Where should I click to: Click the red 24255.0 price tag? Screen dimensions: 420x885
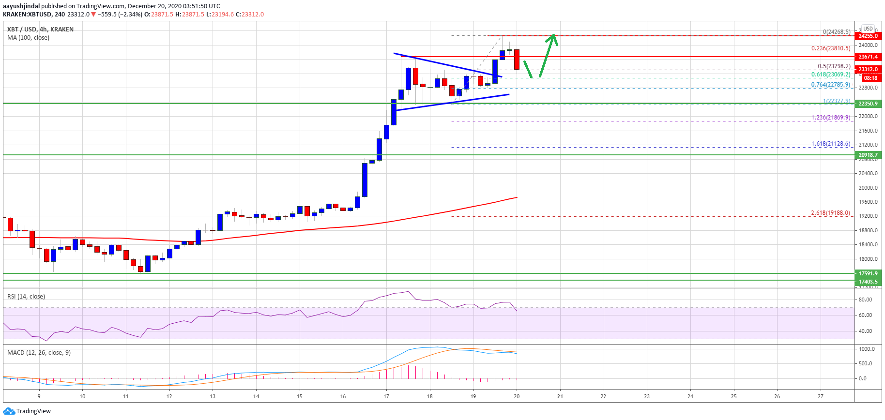tap(868, 36)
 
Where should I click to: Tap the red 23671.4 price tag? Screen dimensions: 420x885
tap(868, 57)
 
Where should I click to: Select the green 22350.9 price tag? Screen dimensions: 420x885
tap(868, 104)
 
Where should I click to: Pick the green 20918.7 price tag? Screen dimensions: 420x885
tap(868, 155)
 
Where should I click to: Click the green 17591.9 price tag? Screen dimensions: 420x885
tap(868, 273)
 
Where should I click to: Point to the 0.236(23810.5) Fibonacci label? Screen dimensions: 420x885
tap(831, 48)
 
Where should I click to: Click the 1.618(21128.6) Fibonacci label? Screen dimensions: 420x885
tap(831, 144)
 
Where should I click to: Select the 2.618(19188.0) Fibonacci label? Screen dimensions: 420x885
tap(831, 213)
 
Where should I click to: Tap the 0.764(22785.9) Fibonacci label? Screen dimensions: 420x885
tap(831, 85)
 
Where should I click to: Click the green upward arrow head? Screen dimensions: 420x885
tap(553, 38)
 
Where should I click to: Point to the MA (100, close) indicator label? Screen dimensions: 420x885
tap(28, 38)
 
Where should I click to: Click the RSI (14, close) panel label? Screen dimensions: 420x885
tap(26, 297)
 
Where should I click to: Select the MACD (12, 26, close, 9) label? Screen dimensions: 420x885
tap(39, 353)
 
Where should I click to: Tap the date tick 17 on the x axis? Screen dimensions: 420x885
tap(386, 396)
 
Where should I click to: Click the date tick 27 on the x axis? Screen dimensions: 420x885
tap(821, 396)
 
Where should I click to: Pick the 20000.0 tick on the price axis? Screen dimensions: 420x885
tap(869, 188)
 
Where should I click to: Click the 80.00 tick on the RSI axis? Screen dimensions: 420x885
tap(866, 300)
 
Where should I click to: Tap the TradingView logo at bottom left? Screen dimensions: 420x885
tap(27, 411)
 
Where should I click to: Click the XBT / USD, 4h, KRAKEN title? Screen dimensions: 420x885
tap(40, 30)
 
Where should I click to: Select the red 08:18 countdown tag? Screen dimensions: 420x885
tap(870, 78)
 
